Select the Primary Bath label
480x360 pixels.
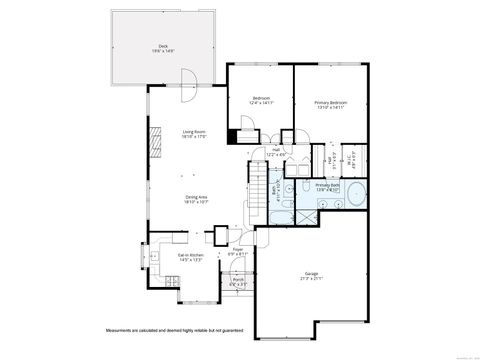pyautogui.click(x=327, y=186)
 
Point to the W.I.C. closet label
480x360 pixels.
pyautogui.click(x=354, y=156)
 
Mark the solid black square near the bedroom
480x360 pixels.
pyautogui.click(x=233, y=138)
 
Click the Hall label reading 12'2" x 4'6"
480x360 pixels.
pyautogui.click(x=277, y=153)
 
